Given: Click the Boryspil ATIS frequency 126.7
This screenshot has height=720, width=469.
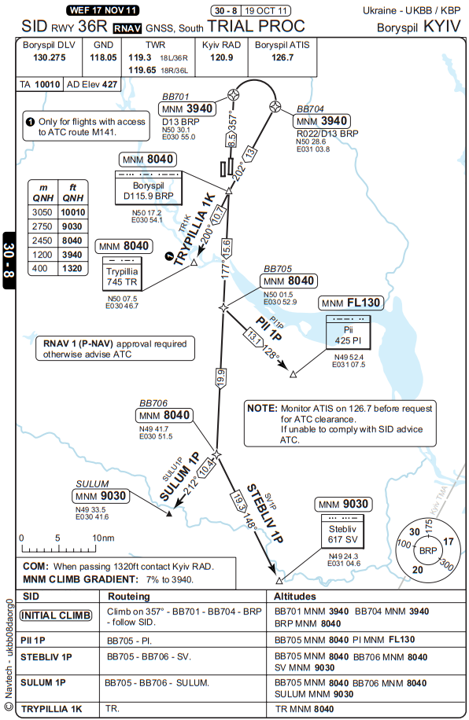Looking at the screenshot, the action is coord(283,58).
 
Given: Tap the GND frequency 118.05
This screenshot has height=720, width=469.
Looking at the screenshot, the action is coord(103,58).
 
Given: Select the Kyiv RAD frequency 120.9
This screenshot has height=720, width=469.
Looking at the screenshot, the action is coord(221,58).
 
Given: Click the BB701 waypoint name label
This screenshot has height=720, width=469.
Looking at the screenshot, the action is coord(175,97).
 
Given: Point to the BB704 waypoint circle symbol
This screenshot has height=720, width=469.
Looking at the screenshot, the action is coord(275,107).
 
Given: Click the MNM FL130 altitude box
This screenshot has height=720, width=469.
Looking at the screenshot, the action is coord(351,303).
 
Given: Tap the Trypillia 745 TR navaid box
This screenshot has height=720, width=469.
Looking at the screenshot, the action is coord(122,274).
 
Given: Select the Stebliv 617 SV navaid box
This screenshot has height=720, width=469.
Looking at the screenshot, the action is coord(342,531).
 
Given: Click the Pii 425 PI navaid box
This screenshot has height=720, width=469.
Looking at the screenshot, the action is coord(348,332).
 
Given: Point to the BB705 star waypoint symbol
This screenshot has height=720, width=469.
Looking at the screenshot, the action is coord(223,307).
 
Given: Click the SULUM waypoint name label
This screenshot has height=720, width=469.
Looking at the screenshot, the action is coord(92,484).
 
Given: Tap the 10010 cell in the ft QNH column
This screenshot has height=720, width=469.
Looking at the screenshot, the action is coord(73,212).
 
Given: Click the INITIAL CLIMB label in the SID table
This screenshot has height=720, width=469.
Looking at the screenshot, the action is coord(56,615).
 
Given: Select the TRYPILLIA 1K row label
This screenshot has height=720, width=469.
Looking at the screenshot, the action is coord(51,709).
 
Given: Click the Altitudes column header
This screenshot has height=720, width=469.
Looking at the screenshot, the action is coord(295,597).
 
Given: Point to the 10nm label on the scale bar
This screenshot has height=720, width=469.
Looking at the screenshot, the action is coord(103,538).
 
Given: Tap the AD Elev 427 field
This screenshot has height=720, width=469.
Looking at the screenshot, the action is coord(92,84).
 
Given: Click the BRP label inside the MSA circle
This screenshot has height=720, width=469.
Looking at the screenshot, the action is coord(427,550).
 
